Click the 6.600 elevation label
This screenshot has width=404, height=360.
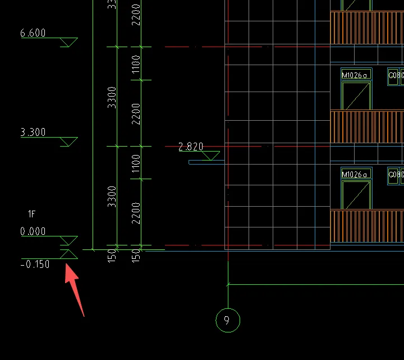click(x=33, y=33)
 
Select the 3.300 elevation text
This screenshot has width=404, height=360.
click(x=33, y=133)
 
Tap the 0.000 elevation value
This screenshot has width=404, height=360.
click(x=33, y=231)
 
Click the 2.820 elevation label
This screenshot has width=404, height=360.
click(x=191, y=147)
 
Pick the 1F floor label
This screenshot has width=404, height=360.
click(x=33, y=214)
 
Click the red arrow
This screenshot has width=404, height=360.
click(x=75, y=290)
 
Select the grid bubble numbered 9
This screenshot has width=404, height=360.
click(x=227, y=320)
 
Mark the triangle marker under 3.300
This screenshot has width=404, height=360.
click(x=68, y=142)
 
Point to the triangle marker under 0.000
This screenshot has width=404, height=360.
click(x=68, y=241)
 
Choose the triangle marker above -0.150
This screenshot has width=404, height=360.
click(x=68, y=254)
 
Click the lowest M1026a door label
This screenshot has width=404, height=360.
click(x=356, y=174)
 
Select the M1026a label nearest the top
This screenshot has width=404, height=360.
click(x=356, y=75)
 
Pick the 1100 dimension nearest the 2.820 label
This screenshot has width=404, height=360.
click(x=136, y=163)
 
